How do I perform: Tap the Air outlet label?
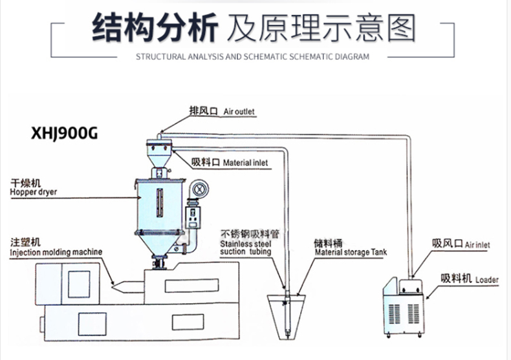click(x=239, y=112)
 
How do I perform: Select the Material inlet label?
click(x=245, y=163)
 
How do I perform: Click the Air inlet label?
click(x=477, y=246)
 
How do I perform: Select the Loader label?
click(x=487, y=281)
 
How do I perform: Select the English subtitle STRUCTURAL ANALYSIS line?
click(x=252, y=56)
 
